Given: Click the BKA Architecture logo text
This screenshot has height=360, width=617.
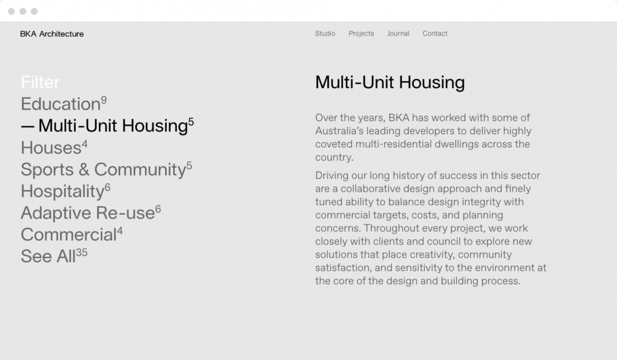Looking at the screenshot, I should [x=52, y=34].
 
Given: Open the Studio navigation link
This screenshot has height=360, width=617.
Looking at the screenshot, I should [x=325, y=33].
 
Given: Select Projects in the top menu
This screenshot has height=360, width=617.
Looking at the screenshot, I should [x=361, y=33].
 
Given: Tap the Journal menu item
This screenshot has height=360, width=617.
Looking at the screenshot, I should [x=398, y=33].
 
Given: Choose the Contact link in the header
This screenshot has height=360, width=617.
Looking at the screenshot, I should [x=435, y=33].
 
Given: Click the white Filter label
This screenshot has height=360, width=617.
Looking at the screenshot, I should [x=40, y=82].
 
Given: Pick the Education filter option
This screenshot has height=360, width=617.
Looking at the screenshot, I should [x=60, y=104].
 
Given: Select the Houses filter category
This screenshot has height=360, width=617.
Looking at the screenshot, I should [x=51, y=148].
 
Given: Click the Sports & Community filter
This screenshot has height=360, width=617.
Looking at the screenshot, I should [x=103, y=169].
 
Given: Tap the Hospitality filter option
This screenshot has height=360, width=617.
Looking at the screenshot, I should [x=62, y=191].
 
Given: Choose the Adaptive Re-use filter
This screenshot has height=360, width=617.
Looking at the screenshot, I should [x=87, y=213].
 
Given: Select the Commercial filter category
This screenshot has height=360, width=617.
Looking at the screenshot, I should [x=68, y=235].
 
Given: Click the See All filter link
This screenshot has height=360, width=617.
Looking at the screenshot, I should [x=48, y=256].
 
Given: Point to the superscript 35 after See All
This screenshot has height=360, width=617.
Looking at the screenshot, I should [x=82, y=253].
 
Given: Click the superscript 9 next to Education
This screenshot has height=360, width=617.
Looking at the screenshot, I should [x=104, y=100].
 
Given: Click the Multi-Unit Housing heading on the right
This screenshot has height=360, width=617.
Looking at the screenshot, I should [x=390, y=82].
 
